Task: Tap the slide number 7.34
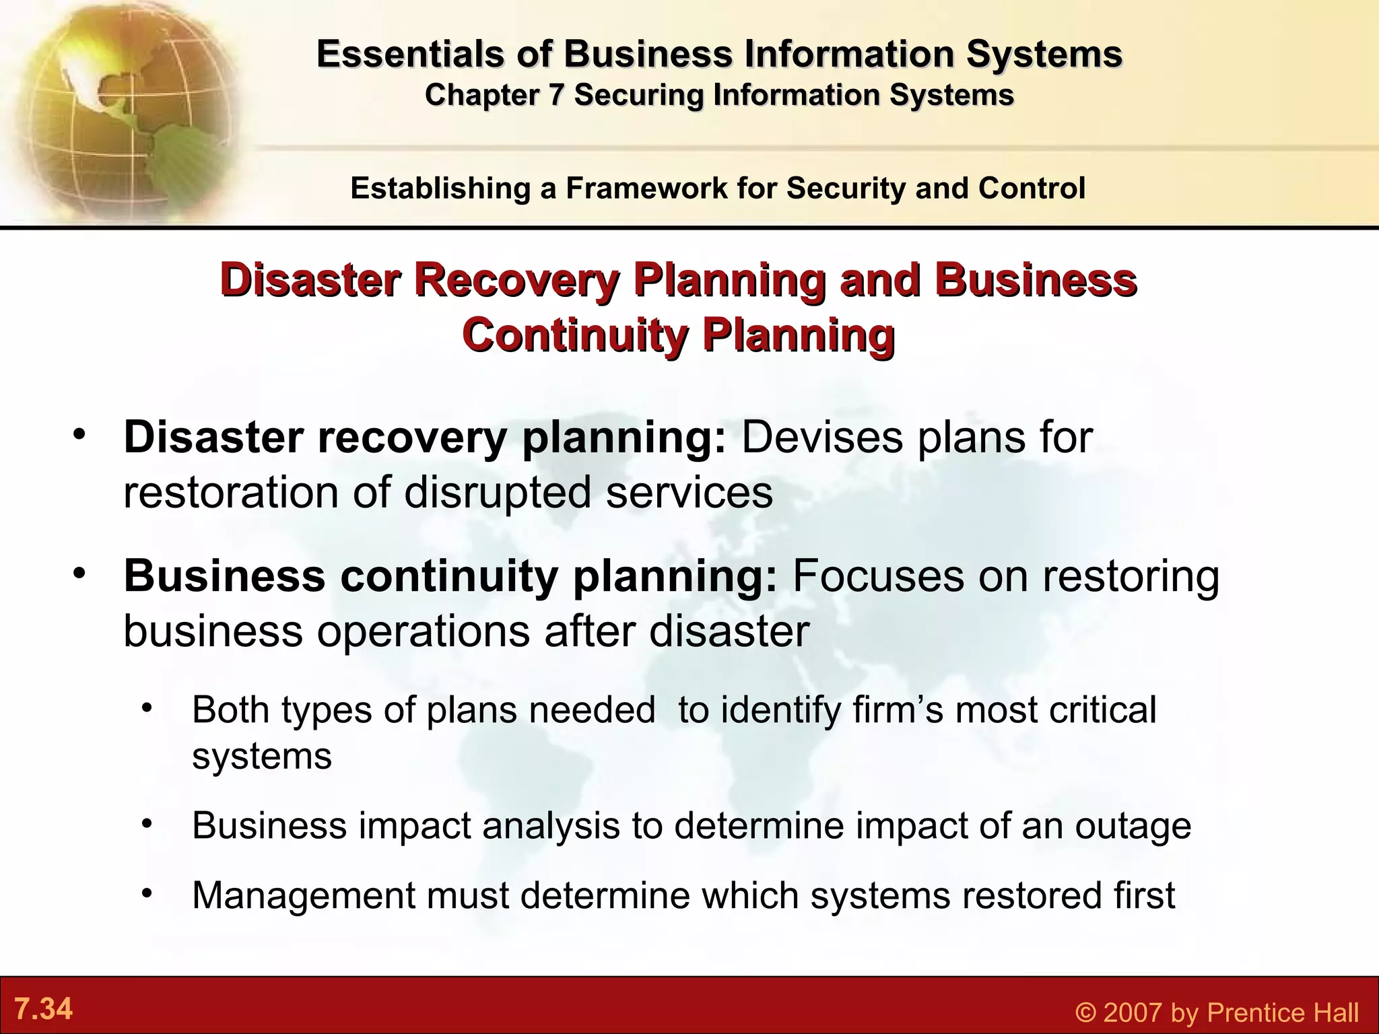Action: point(43,1009)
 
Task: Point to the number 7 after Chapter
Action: point(555,95)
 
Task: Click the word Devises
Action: point(822,438)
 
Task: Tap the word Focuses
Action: point(878,576)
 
